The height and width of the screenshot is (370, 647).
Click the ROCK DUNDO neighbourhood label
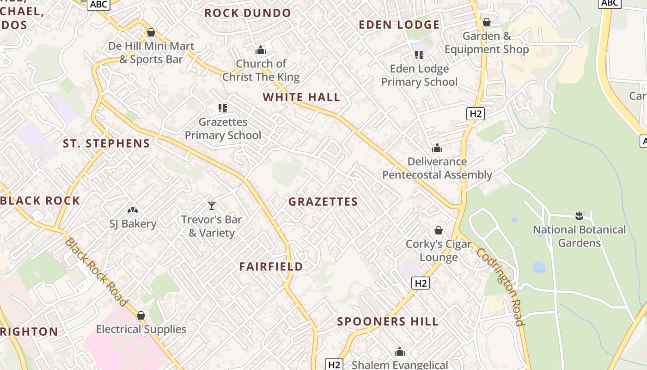coord(248,13)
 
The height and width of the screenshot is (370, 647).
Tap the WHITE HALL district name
coord(301,97)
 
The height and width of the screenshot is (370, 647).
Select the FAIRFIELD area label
coord(271,266)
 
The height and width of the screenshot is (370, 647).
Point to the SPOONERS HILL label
coord(388,321)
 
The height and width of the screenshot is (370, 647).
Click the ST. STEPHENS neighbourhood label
coord(106,143)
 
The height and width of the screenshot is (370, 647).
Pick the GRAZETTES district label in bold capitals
coord(323,202)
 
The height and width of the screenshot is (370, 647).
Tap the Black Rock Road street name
coord(96,271)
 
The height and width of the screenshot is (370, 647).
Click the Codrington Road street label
coord(501,287)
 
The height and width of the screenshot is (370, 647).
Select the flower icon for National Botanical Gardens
coord(579,216)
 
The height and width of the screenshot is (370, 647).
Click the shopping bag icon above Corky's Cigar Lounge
coord(438,230)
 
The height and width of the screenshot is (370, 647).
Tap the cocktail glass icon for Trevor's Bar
coord(212,206)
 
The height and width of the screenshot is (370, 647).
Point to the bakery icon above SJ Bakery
coord(133,210)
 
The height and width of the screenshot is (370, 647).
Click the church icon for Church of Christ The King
coord(261,50)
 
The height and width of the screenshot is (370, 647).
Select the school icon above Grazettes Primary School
coord(223,108)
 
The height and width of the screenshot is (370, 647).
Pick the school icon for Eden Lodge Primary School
coord(419,55)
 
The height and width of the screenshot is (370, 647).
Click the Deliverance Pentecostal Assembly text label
coord(437,168)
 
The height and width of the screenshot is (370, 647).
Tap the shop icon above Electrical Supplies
coord(141,315)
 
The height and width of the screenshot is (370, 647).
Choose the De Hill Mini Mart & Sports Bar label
coord(151,53)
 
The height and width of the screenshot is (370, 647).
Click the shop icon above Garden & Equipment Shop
coord(486,22)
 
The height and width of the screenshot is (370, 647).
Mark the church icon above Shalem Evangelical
coord(400,352)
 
